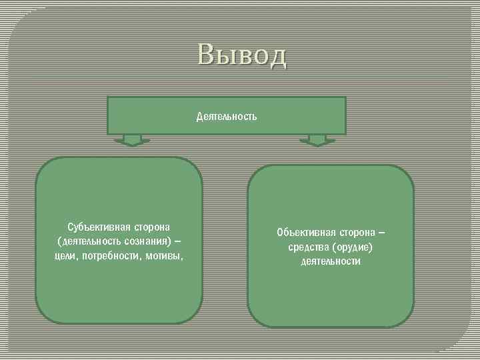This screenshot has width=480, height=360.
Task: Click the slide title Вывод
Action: click(242, 55)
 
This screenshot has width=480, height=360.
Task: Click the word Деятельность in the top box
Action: click(227, 117)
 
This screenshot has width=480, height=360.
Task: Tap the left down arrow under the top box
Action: click(133, 140)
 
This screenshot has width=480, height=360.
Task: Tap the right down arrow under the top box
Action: click(317, 140)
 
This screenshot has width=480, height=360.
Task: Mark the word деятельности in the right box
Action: click(331, 262)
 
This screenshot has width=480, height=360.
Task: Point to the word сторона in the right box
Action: click(357, 233)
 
